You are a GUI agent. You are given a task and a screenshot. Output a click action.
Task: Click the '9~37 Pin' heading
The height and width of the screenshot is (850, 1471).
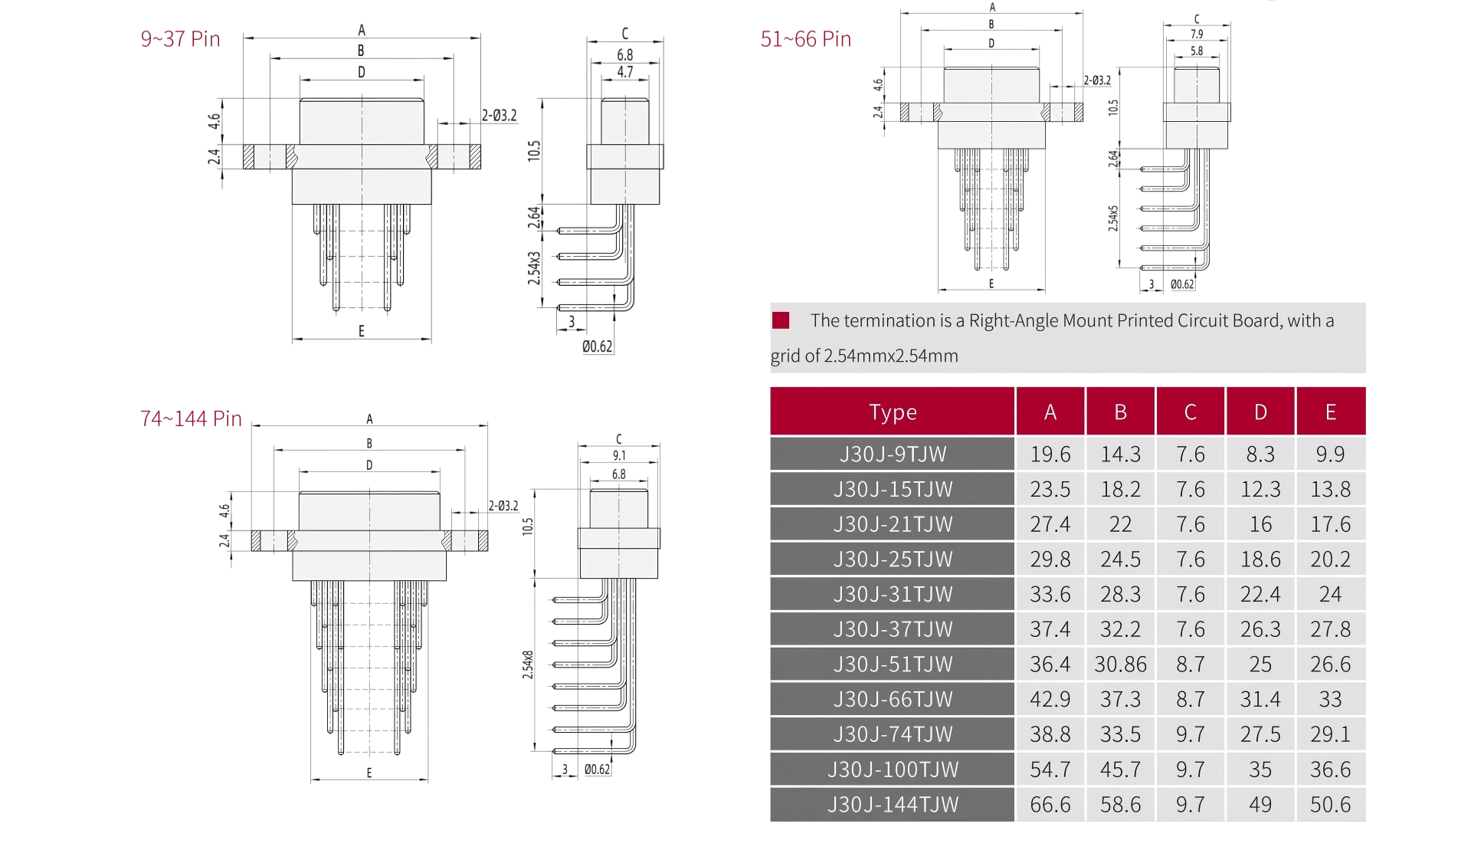click(180, 39)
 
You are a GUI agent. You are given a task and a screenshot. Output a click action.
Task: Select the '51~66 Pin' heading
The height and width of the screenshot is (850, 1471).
click(805, 39)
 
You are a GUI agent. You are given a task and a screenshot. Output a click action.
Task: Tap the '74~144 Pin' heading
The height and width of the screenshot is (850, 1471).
click(191, 418)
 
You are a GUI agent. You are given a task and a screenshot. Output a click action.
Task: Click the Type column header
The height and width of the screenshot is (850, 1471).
click(893, 412)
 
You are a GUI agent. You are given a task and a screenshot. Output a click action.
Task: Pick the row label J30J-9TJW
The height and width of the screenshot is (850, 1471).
click(893, 455)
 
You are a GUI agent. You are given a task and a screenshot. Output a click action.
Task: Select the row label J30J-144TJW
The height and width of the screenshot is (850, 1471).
click(893, 805)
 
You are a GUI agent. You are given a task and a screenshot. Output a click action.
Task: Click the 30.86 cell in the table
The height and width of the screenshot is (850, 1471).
click(1120, 665)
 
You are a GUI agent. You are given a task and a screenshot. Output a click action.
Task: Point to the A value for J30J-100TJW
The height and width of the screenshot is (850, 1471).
click(1050, 770)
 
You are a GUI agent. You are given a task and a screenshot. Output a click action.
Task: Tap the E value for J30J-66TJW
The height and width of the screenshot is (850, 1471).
click(1330, 700)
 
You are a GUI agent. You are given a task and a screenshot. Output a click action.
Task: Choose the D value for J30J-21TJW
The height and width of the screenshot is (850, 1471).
click(1260, 524)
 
